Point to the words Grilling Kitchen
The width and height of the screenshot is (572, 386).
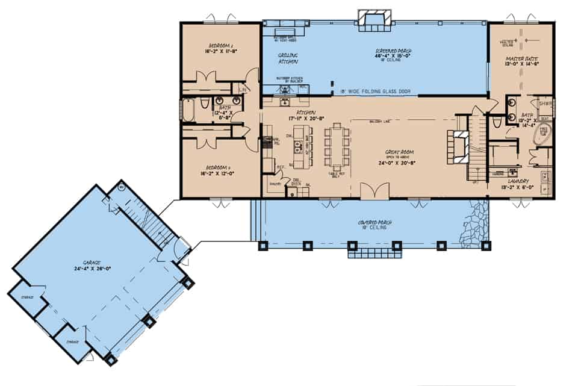(288, 58)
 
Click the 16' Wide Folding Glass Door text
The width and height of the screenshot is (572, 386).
(375, 91)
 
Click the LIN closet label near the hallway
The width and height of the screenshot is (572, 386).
(242, 90)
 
